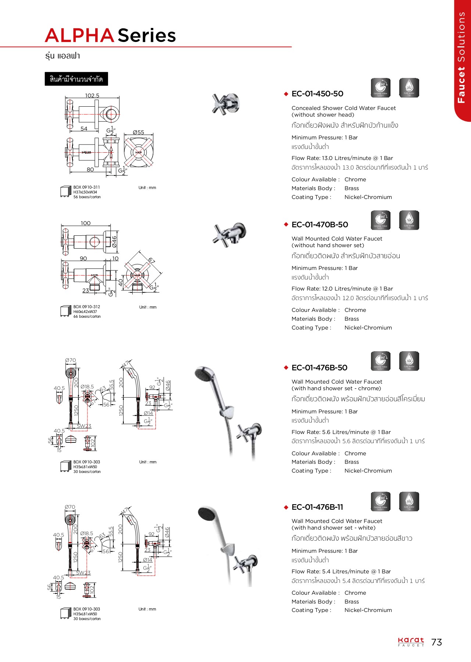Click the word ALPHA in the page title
[x=79, y=36]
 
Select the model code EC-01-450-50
[x=317, y=94]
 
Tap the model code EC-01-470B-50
[x=319, y=225]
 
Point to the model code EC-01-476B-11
[x=317, y=507]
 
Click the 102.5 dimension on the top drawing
[x=92, y=95]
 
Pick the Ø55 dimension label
[x=139, y=132]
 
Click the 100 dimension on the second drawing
[x=86, y=223]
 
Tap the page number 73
[x=436, y=642]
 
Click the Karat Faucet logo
[x=411, y=642]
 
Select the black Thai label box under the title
[x=76, y=79]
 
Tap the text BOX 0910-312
[x=86, y=307]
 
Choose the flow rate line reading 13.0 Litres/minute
[x=342, y=158]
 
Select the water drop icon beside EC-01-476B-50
[x=409, y=361]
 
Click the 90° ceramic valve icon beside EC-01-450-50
[x=381, y=88]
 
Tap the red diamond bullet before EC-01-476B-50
[x=286, y=367]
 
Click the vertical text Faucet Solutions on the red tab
[x=461, y=57]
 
